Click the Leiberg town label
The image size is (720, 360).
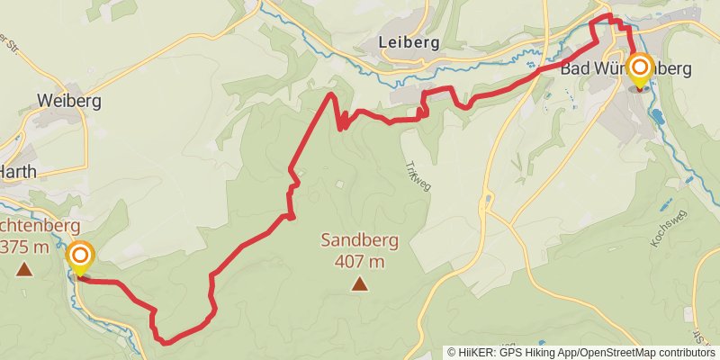(409, 41)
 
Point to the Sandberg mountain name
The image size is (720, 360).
(359, 241)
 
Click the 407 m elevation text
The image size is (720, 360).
(359, 262)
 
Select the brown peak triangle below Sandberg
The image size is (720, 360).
(360, 284)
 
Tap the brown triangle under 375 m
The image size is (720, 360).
(23, 268)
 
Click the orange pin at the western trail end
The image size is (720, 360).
(80, 257)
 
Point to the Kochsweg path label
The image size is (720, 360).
(667, 230)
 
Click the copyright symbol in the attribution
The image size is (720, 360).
(453, 353)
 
